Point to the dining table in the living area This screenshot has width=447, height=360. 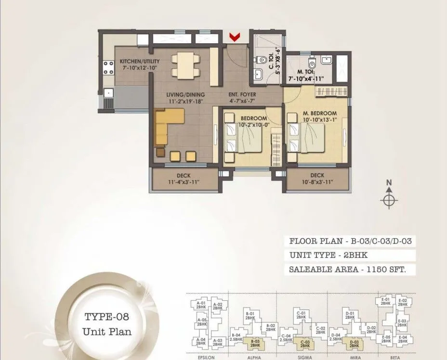[184, 65]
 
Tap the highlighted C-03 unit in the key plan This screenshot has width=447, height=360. [304, 343]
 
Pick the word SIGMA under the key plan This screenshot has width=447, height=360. [304, 358]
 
